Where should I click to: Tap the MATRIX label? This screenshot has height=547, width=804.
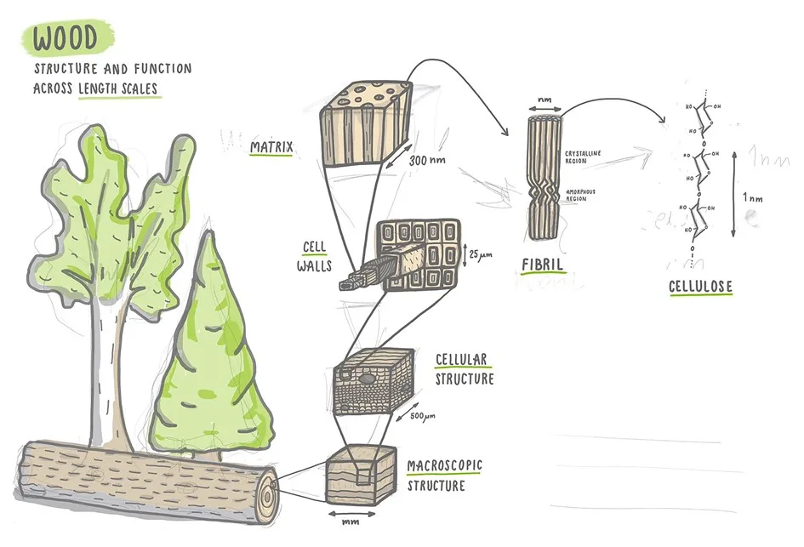(x=271, y=148)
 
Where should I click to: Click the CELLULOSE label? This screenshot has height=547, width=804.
(x=700, y=288)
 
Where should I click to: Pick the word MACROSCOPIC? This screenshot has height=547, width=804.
(x=444, y=465)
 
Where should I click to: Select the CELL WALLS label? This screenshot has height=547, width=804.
(x=316, y=254)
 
